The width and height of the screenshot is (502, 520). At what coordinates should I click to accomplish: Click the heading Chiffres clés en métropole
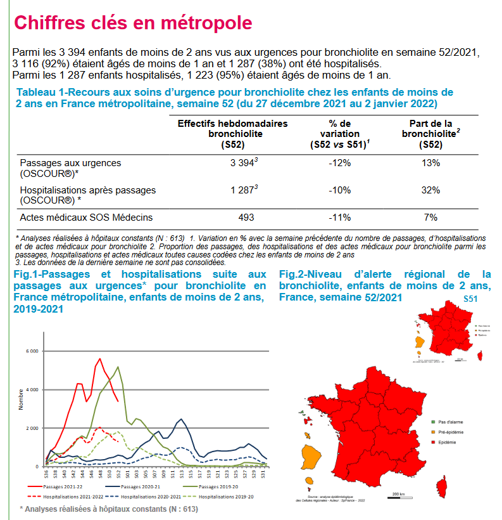pyautogui.click(x=133, y=23)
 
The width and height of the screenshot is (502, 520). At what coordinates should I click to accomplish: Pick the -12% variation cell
pyautogui.click(x=339, y=163)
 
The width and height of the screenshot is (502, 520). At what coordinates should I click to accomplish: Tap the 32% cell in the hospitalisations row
pyautogui.click(x=430, y=190)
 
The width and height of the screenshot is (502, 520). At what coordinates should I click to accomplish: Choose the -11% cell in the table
pyautogui.click(x=339, y=218)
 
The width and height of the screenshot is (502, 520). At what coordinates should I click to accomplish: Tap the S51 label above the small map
pyautogui.click(x=471, y=299)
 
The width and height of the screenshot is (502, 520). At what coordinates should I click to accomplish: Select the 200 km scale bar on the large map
pyautogui.click(x=398, y=494)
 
